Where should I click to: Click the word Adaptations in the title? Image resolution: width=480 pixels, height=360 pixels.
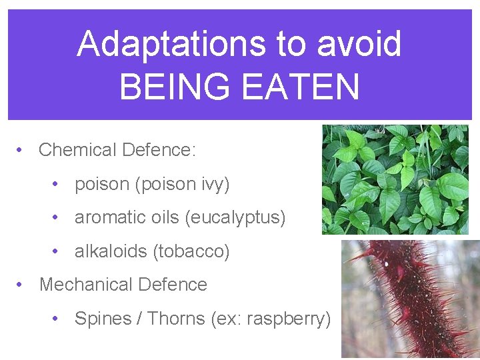(171, 44)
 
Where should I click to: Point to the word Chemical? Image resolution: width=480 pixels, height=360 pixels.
(77, 150)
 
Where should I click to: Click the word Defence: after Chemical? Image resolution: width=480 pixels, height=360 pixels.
(159, 150)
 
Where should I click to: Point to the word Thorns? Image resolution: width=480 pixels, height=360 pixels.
(175, 319)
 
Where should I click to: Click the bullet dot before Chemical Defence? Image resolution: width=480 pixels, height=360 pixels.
(21, 150)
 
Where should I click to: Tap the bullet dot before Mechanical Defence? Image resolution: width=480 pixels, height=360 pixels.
(21, 285)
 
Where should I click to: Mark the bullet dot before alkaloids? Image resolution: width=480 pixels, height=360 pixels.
(57, 251)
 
